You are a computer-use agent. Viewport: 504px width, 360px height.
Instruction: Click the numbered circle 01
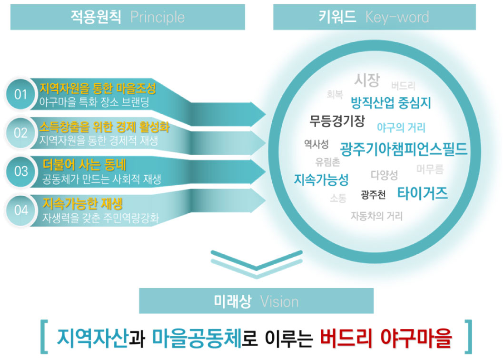[20, 94]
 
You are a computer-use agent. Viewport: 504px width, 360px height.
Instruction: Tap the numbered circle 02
[20, 132]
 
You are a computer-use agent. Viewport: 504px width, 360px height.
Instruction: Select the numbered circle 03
[20, 171]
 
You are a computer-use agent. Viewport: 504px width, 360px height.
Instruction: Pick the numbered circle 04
[20, 210]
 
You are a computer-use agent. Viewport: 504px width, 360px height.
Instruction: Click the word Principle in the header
[157, 17]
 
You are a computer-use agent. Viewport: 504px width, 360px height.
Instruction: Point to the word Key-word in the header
[397, 17]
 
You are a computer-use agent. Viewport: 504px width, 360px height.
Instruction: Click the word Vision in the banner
[279, 301]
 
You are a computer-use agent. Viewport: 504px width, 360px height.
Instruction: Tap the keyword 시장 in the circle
[367, 80]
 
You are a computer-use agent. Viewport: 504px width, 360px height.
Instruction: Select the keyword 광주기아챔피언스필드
[404, 149]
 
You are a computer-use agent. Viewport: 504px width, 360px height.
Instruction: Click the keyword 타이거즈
[423, 193]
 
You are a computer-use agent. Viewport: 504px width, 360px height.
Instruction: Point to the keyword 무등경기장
[337, 121]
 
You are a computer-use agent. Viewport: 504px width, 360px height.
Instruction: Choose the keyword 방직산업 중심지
[390, 102]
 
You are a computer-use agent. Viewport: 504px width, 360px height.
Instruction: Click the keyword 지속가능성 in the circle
[321, 180]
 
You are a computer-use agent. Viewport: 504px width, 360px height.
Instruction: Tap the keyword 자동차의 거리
[376, 216]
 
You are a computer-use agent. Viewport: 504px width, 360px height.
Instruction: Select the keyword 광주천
[373, 194]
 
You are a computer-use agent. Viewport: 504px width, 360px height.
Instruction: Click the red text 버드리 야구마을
[385, 337]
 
